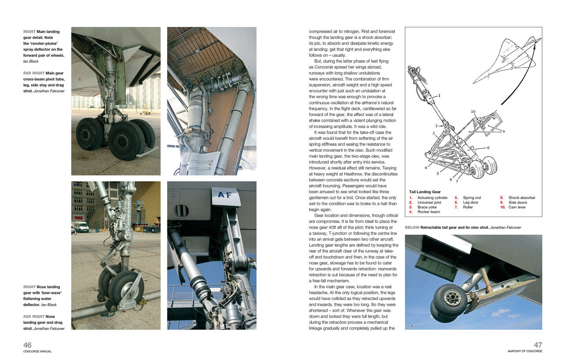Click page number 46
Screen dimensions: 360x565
[x=27, y=345]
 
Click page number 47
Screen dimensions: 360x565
[x=538, y=345]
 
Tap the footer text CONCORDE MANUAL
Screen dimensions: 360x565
[x=38, y=352]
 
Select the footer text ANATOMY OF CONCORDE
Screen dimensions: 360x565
[x=525, y=351]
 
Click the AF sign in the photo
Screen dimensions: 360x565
[x=225, y=195]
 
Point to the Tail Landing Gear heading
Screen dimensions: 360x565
[x=425, y=192]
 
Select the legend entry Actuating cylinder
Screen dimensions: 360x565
[x=432, y=198]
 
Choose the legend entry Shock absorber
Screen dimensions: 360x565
[x=522, y=198]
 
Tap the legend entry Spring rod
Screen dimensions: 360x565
[x=472, y=198]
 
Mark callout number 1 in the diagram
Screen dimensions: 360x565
[x=439, y=95]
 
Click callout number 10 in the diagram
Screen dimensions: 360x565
[x=473, y=112]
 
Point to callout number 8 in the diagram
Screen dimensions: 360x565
[x=488, y=148]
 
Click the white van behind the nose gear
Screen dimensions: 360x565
[x=81, y=227]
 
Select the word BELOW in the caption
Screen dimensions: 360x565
[x=412, y=228]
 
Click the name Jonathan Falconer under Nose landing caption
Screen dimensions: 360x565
[x=49, y=328]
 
